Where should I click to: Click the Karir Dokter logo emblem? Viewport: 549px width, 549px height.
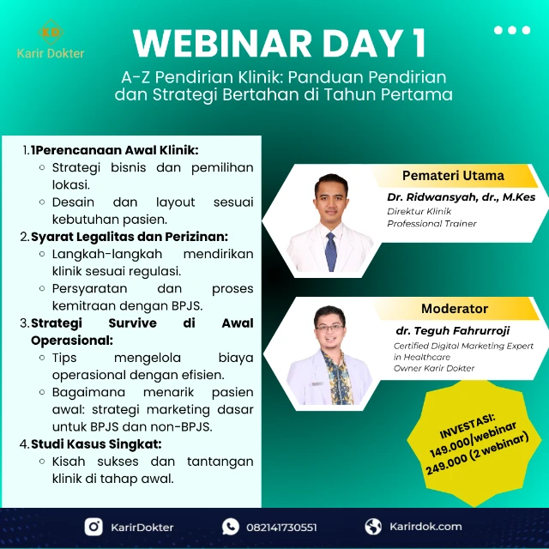tap(51, 32)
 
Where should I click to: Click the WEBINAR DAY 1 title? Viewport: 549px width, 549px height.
tap(280, 43)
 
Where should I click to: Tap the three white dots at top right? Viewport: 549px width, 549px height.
tap(512, 30)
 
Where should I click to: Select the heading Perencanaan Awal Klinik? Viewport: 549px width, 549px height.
tap(115, 150)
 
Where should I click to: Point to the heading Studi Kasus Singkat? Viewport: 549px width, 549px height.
tap(96, 443)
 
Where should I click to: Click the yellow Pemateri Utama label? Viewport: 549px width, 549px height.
tap(453, 176)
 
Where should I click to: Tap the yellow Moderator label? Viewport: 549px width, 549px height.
tap(454, 309)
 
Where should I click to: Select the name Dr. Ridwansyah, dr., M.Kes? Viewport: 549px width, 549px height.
tap(461, 197)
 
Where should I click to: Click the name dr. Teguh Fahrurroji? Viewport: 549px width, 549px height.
tap(453, 329)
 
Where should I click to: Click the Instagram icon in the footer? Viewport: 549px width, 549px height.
tap(94, 527)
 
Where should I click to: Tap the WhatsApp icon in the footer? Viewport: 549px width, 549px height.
tap(231, 527)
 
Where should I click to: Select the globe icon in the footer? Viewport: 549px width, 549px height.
tap(373, 527)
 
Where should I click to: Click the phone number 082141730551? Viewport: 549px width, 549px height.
tap(281, 528)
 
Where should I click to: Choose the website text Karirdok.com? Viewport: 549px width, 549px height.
tap(425, 527)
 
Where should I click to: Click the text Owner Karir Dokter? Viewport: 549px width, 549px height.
tap(434, 369)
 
